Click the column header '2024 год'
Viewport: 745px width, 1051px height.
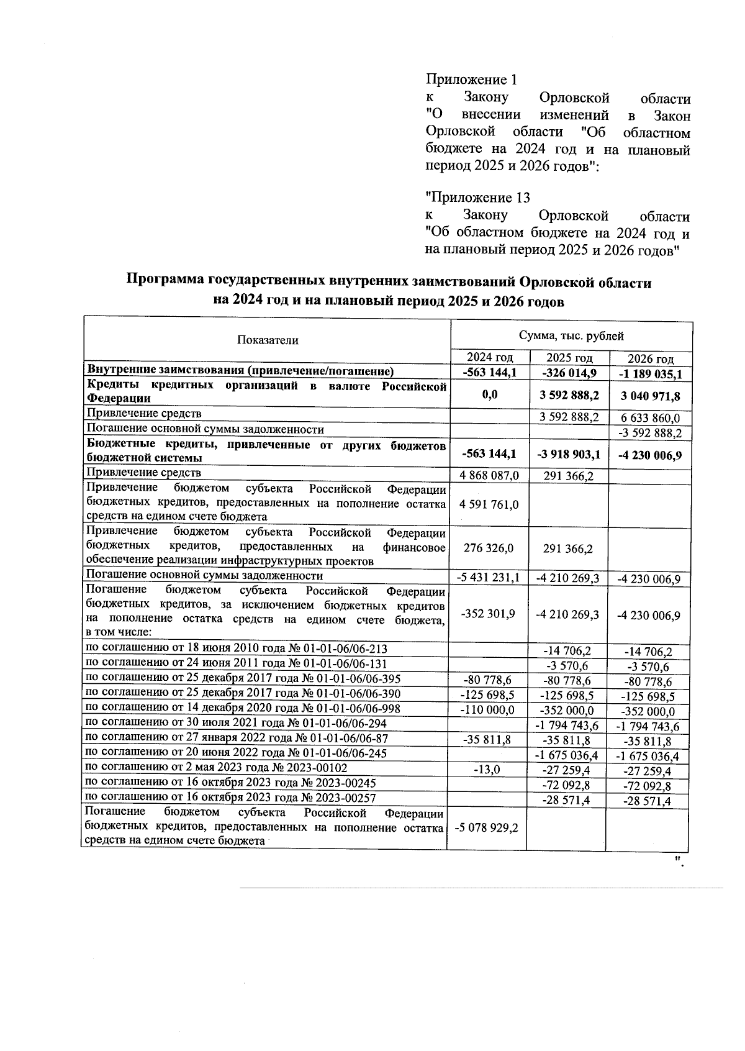coord(489,357)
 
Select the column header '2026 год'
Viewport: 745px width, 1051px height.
coord(650,359)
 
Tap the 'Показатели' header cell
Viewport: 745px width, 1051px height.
coord(267,340)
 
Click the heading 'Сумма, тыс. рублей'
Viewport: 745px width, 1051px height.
coord(571,336)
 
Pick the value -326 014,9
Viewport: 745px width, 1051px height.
coord(569,373)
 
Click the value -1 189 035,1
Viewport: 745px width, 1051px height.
coord(650,374)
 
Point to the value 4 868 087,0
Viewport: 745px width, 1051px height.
coord(488,475)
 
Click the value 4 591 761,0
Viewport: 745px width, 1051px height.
coord(488,504)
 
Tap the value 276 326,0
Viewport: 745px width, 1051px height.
coord(488,548)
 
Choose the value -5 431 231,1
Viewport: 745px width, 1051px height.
coord(488,578)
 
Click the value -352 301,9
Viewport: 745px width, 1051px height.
coord(488,614)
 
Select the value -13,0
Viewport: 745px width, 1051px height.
coord(488,770)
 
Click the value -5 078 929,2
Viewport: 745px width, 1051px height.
coord(488,828)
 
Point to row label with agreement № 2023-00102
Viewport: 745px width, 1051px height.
coord(216,768)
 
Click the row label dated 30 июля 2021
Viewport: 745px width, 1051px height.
coord(235,724)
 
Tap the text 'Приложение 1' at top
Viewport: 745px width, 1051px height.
coord(471,80)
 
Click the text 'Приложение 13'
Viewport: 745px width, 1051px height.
coord(477,198)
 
